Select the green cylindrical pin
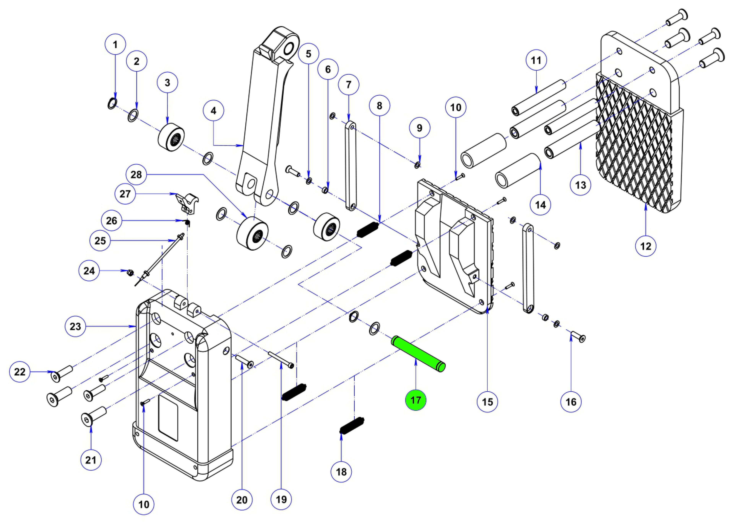(x=418, y=354)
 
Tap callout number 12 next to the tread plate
(x=646, y=246)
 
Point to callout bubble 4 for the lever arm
(x=213, y=111)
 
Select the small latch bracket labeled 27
(x=187, y=202)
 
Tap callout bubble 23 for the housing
(x=75, y=326)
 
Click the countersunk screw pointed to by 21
(x=92, y=418)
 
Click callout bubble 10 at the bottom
(x=144, y=504)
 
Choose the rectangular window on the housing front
(x=168, y=422)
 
